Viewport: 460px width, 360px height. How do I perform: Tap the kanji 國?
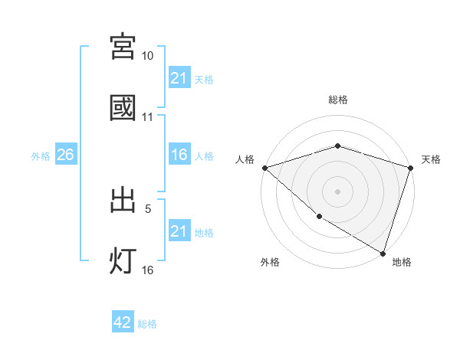123,108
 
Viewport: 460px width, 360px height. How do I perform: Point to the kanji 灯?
123,260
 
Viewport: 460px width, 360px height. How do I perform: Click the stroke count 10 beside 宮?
148,57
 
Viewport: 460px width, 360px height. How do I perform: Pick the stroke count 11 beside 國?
148,118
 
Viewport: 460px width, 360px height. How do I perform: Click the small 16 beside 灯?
148,270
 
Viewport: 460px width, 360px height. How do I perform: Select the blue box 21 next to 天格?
179,78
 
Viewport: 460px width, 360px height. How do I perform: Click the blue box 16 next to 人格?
179,155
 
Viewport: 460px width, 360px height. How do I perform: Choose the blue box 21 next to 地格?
179,231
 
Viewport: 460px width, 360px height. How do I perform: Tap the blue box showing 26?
65,155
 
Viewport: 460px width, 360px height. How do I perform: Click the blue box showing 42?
123,322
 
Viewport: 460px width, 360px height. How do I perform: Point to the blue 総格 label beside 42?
147,324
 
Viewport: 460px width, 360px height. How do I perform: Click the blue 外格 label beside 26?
41,156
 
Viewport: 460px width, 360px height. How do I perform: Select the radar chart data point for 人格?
264,168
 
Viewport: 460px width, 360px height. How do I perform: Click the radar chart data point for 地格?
383,254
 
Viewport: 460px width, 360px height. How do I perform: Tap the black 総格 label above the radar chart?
337,100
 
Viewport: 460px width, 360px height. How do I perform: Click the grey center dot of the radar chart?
337,191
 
